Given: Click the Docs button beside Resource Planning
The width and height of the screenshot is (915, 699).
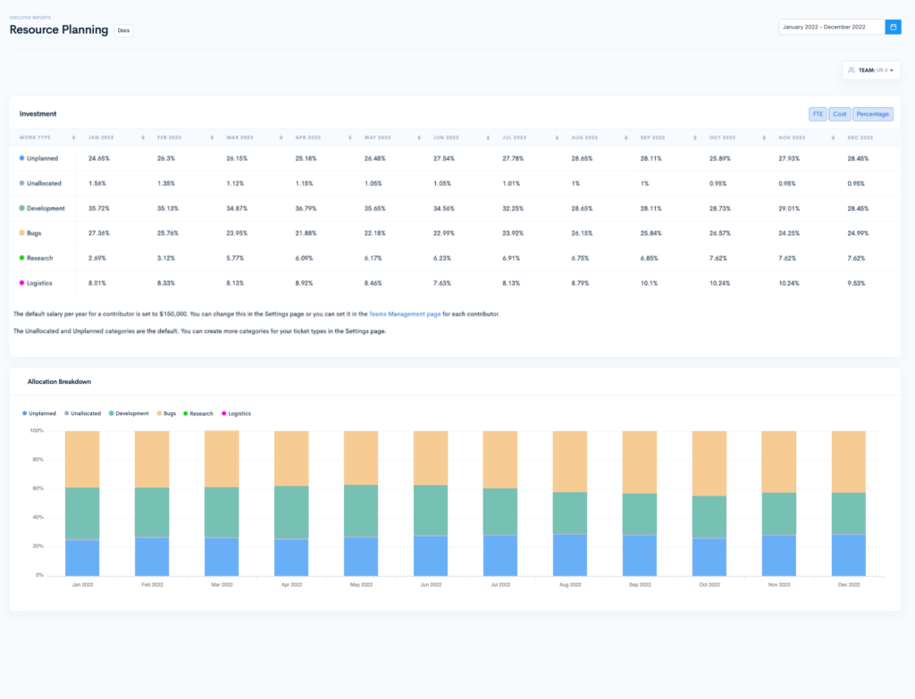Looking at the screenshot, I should tap(123, 30).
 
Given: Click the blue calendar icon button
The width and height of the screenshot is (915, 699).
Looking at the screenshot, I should tap(893, 27).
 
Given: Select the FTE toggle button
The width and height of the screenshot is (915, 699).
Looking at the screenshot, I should tap(818, 114).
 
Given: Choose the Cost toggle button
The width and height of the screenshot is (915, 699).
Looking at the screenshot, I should tap(839, 114).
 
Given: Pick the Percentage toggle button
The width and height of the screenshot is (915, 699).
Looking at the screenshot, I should tap(872, 114).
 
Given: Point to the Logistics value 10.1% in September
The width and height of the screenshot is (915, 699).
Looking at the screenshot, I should tap(649, 283).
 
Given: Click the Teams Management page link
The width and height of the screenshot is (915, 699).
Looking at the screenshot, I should tap(405, 314).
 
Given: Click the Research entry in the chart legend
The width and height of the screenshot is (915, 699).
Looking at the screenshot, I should tap(201, 413).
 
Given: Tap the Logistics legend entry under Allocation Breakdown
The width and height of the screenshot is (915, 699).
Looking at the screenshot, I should tap(239, 413).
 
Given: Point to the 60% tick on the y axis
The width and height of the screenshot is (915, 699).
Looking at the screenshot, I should tap(38, 488).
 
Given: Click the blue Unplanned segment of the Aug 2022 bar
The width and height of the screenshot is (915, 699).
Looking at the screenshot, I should tap(569, 555).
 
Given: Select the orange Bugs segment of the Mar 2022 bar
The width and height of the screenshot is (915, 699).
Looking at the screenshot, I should tap(222, 459).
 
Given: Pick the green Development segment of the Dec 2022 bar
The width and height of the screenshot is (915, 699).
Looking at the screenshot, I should tap(848, 513).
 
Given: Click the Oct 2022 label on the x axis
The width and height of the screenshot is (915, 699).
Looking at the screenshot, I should tap(709, 584).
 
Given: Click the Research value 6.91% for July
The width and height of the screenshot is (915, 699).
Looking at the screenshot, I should tap(514, 258).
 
